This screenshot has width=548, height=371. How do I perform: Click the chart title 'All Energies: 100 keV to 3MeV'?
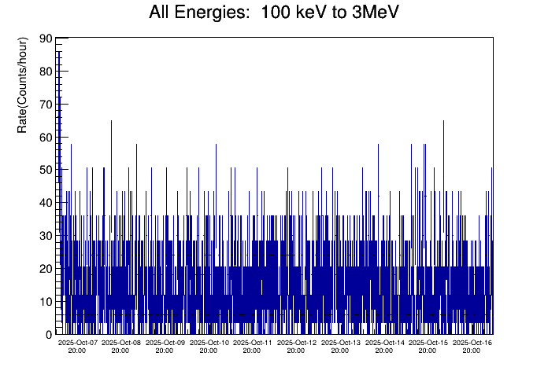coord(273,13)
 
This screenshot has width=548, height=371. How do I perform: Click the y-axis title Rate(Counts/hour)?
coord(23,84)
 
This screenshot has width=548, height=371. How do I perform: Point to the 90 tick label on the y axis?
coord(46,39)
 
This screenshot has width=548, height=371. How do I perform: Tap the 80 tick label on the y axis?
coord(46,72)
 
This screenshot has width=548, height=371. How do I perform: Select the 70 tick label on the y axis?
coord(46,105)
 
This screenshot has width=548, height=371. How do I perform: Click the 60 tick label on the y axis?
coord(46,138)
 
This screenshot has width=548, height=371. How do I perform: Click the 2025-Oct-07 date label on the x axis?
coord(78,343)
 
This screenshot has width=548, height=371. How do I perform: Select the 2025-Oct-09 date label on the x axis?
coord(165,343)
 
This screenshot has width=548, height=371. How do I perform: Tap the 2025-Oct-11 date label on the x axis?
coord(253,343)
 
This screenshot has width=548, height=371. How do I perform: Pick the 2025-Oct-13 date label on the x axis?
coord(341,343)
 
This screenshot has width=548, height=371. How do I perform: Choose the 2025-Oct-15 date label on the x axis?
coord(428,343)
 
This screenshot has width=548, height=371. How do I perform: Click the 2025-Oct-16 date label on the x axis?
coord(472,343)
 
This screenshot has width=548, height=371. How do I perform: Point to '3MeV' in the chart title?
coord(375,13)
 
